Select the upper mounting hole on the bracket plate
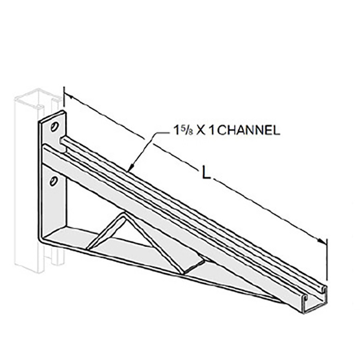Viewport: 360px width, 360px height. (54, 127)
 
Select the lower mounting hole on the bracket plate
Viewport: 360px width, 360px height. (54, 179)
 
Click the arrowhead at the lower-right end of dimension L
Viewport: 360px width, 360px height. (323, 241)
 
